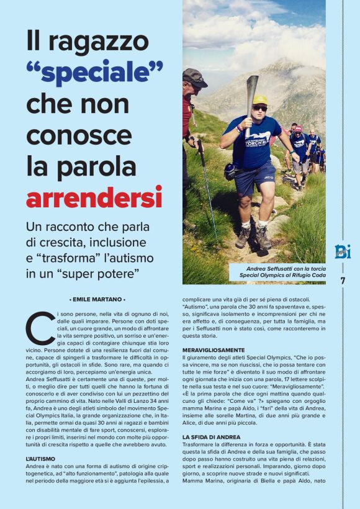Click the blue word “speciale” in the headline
coord(94,73)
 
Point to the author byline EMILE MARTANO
coord(98,299)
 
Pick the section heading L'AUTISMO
coord(40,459)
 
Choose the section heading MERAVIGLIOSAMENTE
coord(214,350)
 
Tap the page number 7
coord(343,281)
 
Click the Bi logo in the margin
coord(343,251)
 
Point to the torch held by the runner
coord(251,99)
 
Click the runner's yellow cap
coord(259,100)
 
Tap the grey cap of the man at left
coord(194,77)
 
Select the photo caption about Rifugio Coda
coord(276,271)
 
